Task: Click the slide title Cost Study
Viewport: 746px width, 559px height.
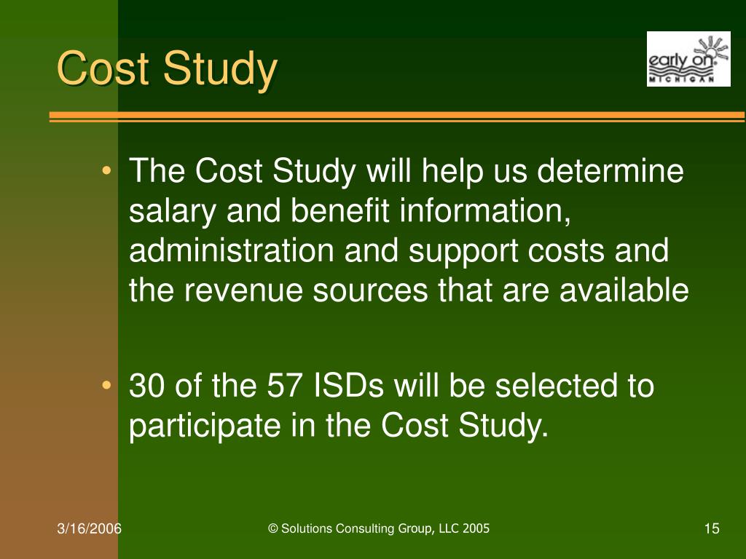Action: click(x=167, y=70)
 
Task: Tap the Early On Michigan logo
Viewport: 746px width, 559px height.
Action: click(x=688, y=59)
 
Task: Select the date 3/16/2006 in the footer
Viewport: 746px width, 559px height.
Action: click(x=90, y=528)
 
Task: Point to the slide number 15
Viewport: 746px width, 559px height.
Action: click(x=712, y=528)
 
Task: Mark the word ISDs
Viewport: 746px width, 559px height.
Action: click(x=348, y=386)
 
